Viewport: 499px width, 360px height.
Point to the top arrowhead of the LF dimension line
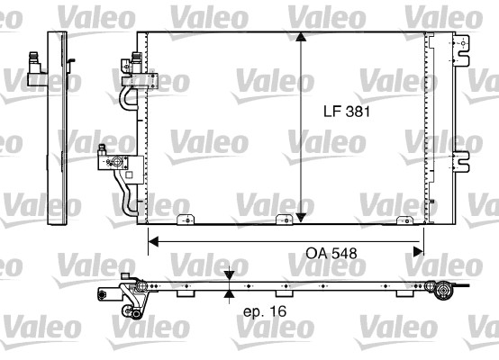[301, 38]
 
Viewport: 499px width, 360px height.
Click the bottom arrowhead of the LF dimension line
[301, 216]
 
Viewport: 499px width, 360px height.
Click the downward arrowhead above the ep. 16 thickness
[230, 276]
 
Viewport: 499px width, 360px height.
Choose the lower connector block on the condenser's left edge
[115, 162]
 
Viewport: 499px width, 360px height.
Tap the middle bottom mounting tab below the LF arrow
[286, 219]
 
